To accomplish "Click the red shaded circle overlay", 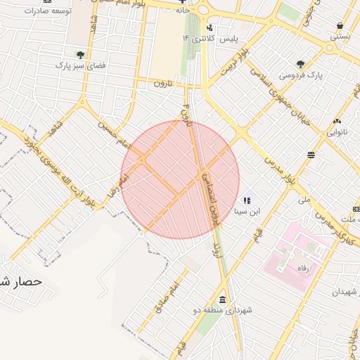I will tap(180, 179).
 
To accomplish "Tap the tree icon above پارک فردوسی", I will tap(301, 63).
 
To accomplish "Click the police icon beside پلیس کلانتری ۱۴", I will tap(210, 27).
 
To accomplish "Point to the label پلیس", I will tap(228, 37).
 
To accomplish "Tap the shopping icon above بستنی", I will tap(340, 24).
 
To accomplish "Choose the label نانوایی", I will tap(337, 131).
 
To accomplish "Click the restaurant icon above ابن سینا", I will tap(247, 200).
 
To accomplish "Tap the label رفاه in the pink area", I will tap(304, 267).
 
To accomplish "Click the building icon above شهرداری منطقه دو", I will tap(223, 298).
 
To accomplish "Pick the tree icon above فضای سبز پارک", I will tap(80, 53).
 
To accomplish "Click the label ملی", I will tap(304, 200).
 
